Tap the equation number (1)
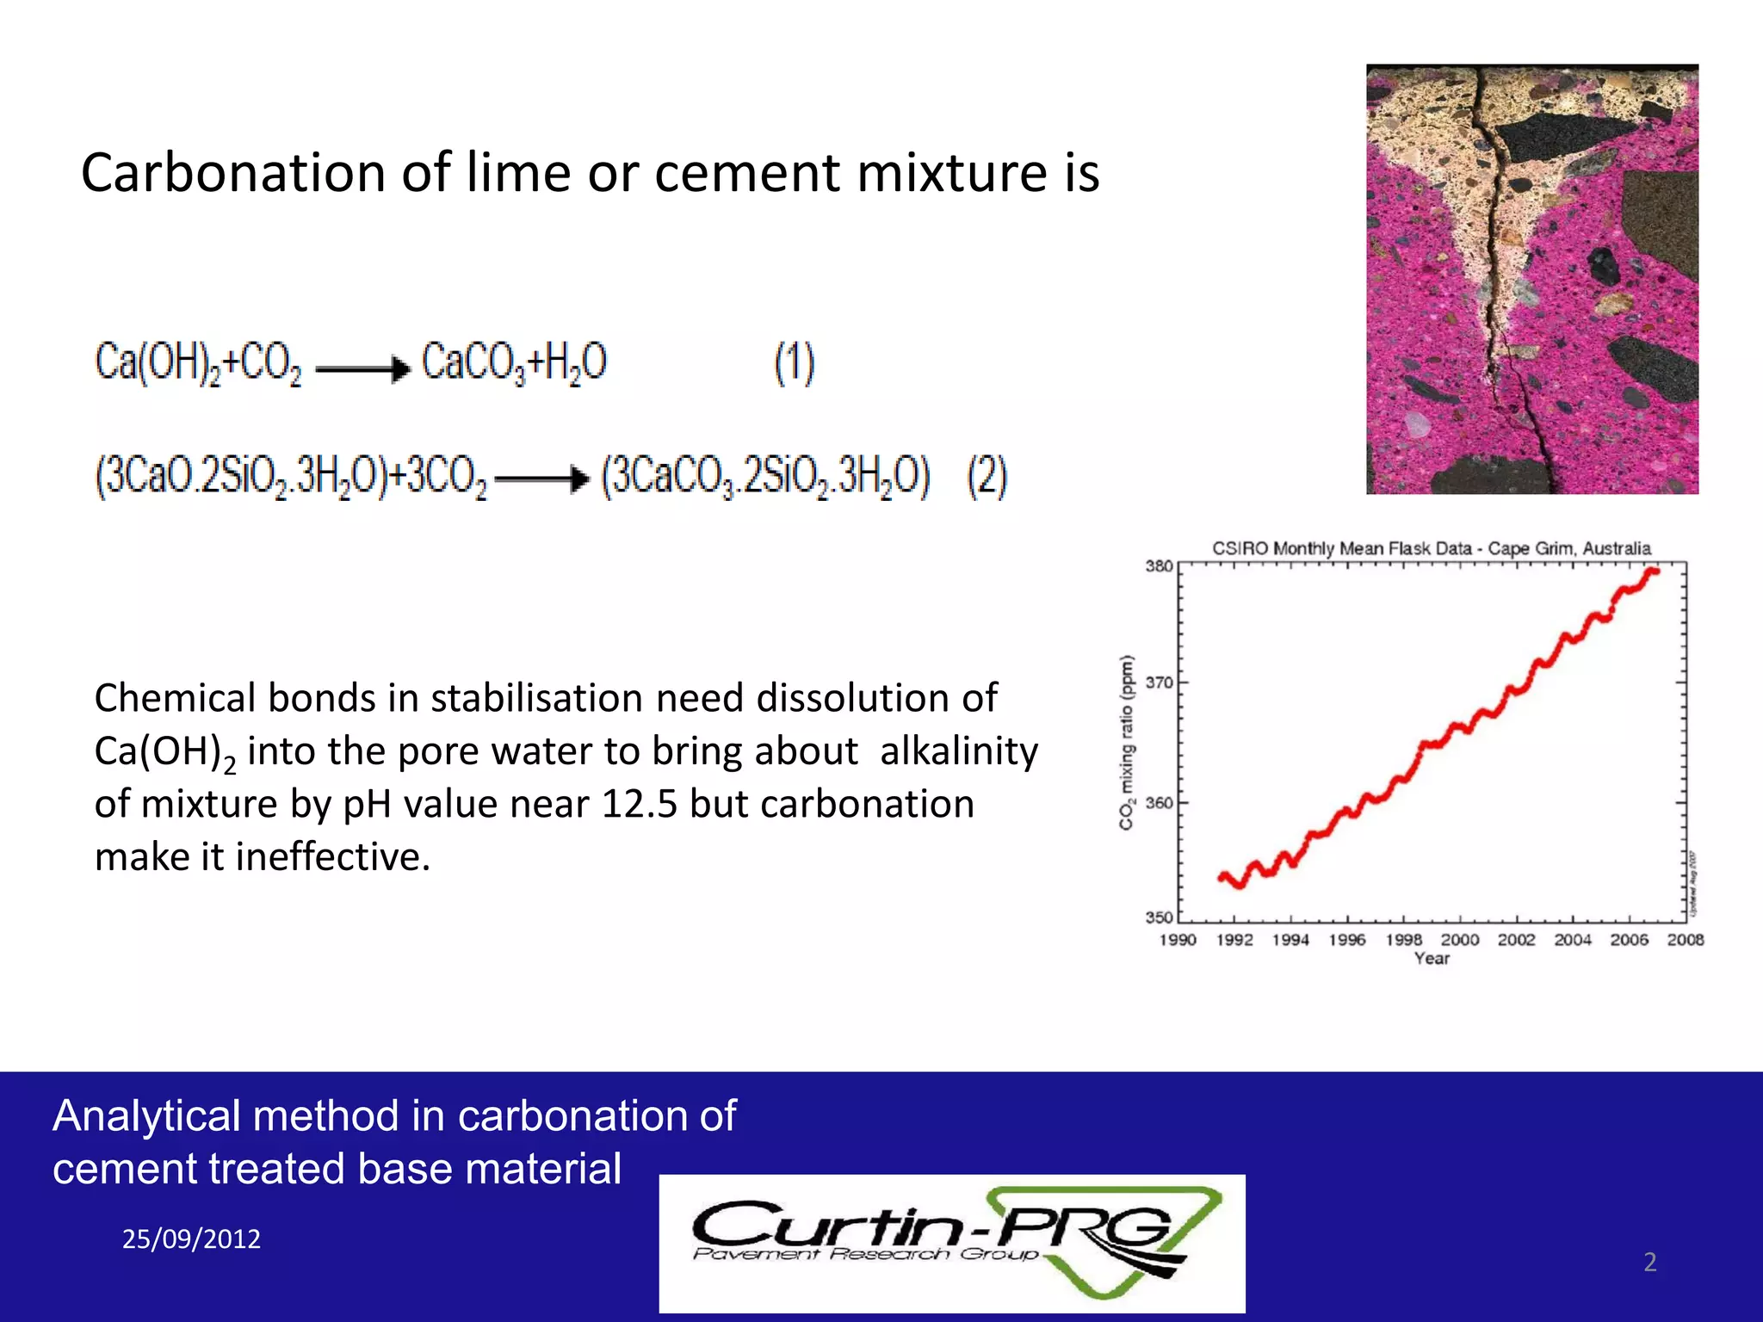click(x=794, y=363)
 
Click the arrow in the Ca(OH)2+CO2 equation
click(x=362, y=369)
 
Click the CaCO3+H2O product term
click(x=514, y=362)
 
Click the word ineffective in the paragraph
click(x=332, y=857)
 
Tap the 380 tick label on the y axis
click(x=1159, y=566)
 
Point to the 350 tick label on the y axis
click(x=1159, y=917)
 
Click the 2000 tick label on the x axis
click(x=1460, y=940)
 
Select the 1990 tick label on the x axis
click(x=1178, y=940)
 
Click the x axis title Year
click(x=1432, y=959)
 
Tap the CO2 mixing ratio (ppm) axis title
click(x=1126, y=743)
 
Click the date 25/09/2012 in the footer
click(x=191, y=1239)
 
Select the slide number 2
click(x=1649, y=1262)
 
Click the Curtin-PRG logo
click(x=952, y=1243)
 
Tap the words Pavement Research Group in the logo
click(x=865, y=1254)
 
